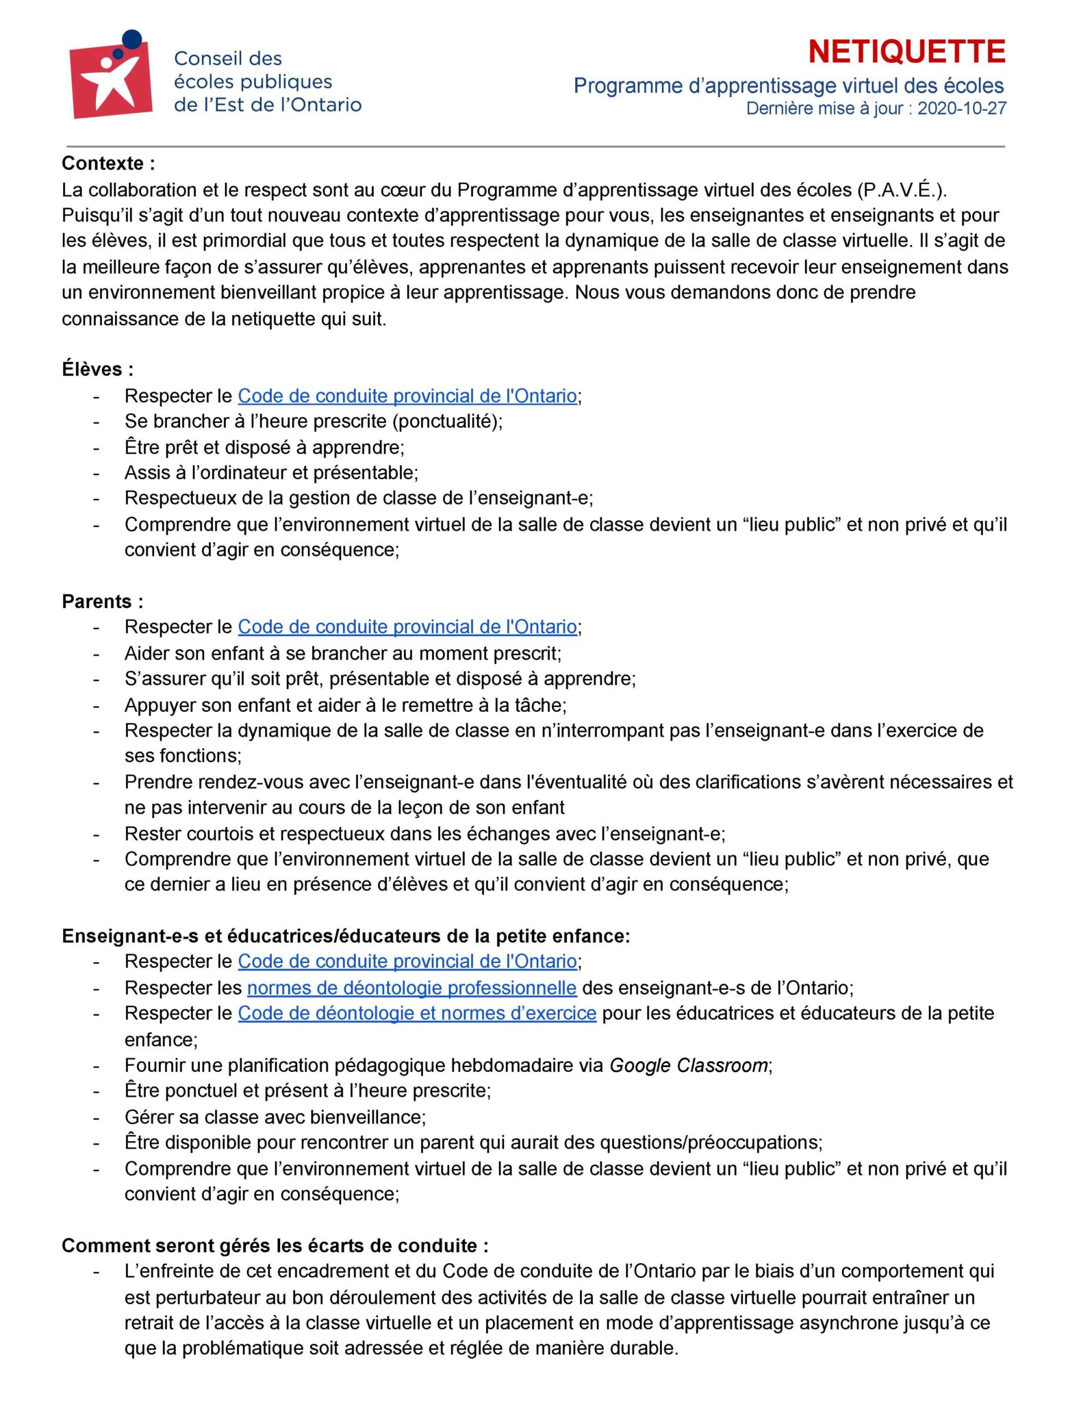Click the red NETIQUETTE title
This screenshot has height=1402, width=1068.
[906, 52]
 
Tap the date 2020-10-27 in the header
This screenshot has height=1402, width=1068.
[961, 109]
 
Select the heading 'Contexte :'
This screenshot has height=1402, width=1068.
[108, 164]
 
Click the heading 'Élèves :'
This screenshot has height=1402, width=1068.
[97, 370]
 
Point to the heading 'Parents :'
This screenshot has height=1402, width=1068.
[103, 601]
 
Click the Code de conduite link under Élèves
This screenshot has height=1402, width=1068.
[407, 396]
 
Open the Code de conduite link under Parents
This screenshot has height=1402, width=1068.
[407, 626]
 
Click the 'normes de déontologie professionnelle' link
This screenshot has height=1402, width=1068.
[411, 988]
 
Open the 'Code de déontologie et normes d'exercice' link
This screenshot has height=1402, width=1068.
[417, 1013]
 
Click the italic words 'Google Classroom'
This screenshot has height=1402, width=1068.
[688, 1065]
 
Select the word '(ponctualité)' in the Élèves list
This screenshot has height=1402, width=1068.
[447, 421]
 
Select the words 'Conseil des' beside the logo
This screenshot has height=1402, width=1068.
[228, 58]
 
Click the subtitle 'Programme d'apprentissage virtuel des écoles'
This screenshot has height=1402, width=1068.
[788, 86]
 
